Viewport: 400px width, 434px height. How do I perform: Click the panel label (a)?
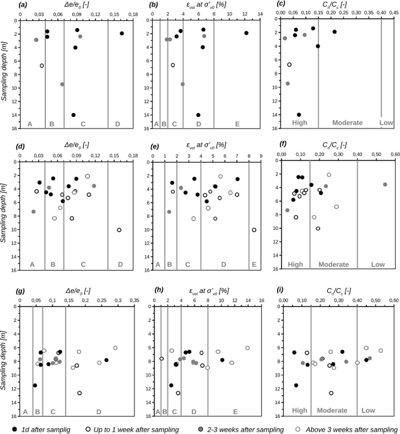click(22, 4)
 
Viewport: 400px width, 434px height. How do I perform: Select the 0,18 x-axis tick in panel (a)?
click(133, 15)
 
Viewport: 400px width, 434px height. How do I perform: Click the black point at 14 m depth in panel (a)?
click(73, 115)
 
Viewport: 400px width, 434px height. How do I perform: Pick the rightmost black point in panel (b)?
click(246, 33)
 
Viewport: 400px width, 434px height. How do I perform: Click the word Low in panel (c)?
click(386, 123)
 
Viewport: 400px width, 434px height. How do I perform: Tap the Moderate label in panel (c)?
click(347, 123)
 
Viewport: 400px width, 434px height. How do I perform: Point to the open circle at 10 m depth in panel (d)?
click(119, 230)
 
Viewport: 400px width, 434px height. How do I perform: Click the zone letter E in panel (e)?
click(254, 265)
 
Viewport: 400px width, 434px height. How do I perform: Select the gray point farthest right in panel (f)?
click(385, 184)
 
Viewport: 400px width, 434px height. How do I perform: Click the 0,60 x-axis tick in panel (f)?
click(395, 154)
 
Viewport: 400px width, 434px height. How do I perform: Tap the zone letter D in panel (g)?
click(99, 412)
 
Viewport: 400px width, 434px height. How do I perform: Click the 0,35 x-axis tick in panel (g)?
click(134, 300)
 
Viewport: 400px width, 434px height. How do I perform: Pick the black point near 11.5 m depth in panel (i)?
click(296, 385)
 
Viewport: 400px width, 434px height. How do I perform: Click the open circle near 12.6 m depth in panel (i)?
click(331, 393)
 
